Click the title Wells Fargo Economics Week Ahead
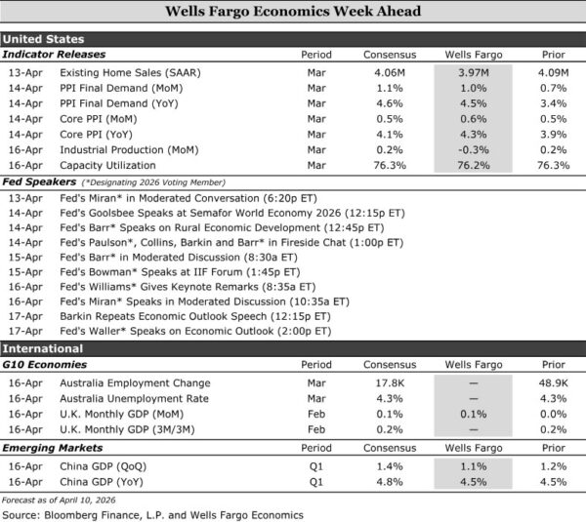click(x=293, y=13)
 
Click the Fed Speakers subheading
click(x=39, y=181)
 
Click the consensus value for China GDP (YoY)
click(x=390, y=480)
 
